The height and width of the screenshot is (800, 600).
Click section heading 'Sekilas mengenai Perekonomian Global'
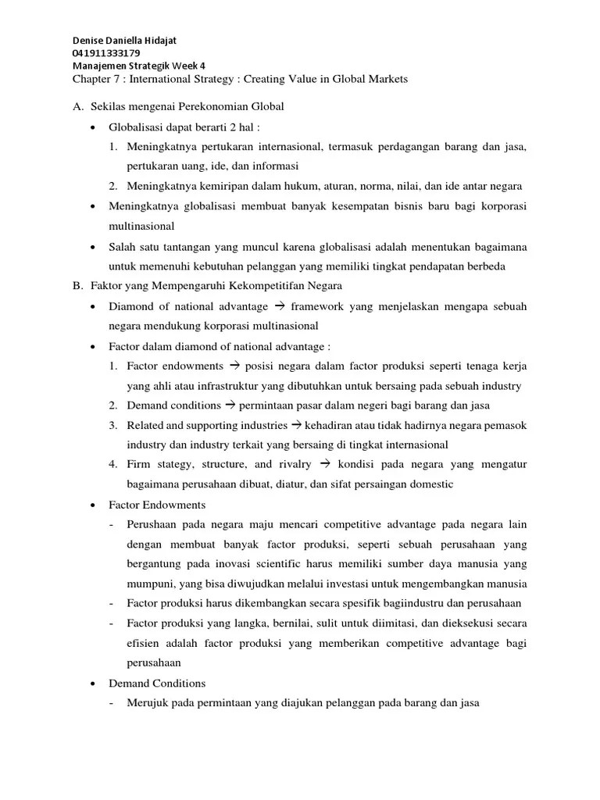186,106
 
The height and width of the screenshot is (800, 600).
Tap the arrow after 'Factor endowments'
234,366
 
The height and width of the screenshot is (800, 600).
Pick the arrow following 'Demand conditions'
230,405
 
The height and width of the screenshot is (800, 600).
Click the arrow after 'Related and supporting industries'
296,425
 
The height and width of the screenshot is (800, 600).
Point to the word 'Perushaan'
155,524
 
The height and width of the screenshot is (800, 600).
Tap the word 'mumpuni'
151,584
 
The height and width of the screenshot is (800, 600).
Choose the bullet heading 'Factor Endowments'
157,505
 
